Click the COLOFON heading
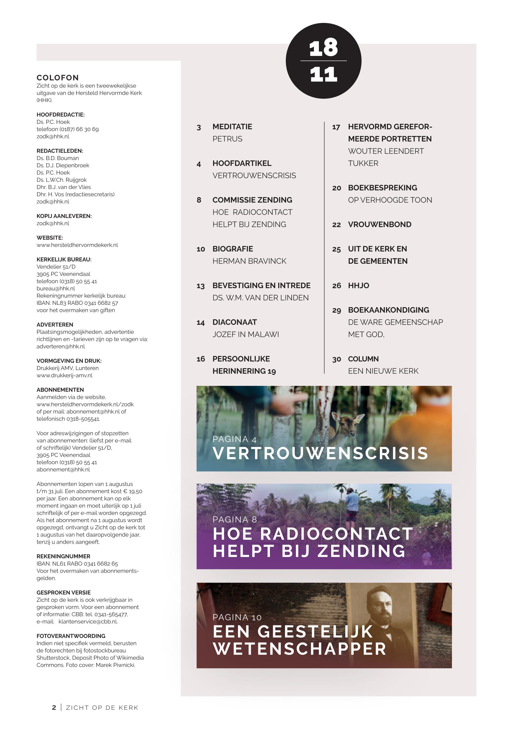(x=58, y=78)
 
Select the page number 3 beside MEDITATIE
(x=199, y=127)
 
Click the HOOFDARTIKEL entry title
(x=242, y=163)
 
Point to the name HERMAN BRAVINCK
(x=249, y=261)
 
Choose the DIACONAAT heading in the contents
(x=234, y=322)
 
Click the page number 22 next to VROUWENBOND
(x=336, y=225)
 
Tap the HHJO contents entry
(x=358, y=286)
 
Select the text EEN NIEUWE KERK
(x=383, y=371)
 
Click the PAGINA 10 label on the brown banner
(x=237, y=618)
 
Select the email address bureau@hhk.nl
(x=56, y=288)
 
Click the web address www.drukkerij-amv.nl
(x=64, y=375)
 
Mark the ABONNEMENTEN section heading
(x=60, y=390)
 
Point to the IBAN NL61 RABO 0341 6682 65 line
(x=77, y=564)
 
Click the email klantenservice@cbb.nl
(x=88, y=622)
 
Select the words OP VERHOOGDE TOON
(x=390, y=200)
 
